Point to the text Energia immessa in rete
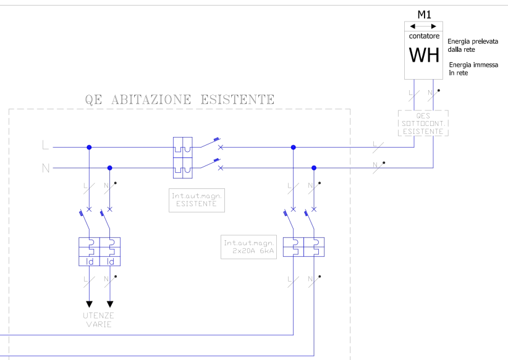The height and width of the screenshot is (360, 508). (472, 69)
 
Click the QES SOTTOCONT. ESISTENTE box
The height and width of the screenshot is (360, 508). (423, 123)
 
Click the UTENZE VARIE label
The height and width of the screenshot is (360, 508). (99, 319)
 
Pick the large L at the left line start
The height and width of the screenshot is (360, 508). (45, 146)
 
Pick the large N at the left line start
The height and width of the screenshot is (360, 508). (45, 167)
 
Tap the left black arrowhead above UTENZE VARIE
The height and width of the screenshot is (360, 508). (89, 304)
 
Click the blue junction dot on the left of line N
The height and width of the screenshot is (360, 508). (110, 167)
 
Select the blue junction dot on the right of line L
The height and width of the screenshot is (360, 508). (293, 147)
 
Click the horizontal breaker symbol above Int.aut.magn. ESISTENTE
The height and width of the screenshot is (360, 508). (183, 157)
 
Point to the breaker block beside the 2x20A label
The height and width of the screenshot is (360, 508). (303, 246)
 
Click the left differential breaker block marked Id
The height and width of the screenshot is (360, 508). (90, 251)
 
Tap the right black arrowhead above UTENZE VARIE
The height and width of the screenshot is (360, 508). (110, 304)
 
